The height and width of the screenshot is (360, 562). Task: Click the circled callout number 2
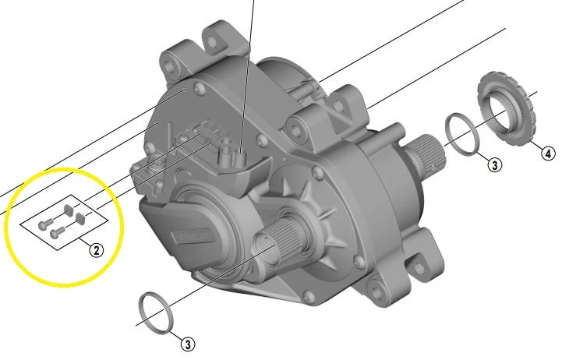(95, 250)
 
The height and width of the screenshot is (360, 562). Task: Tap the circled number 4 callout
(548, 153)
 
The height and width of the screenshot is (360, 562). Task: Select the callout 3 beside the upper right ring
(493, 164)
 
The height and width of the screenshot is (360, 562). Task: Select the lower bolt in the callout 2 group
(55, 232)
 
